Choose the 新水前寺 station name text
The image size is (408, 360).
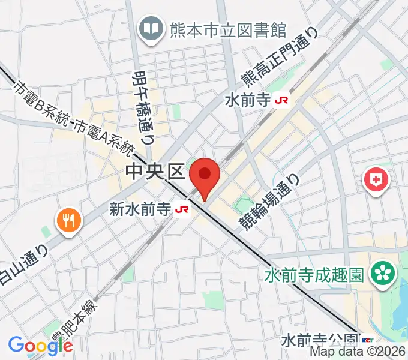tap(141, 209)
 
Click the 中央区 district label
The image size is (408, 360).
tap(154, 173)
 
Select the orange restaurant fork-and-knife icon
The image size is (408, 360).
tap(68, 220)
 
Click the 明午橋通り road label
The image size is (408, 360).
tap(142, 109)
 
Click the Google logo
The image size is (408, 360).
tap(40, 345)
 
